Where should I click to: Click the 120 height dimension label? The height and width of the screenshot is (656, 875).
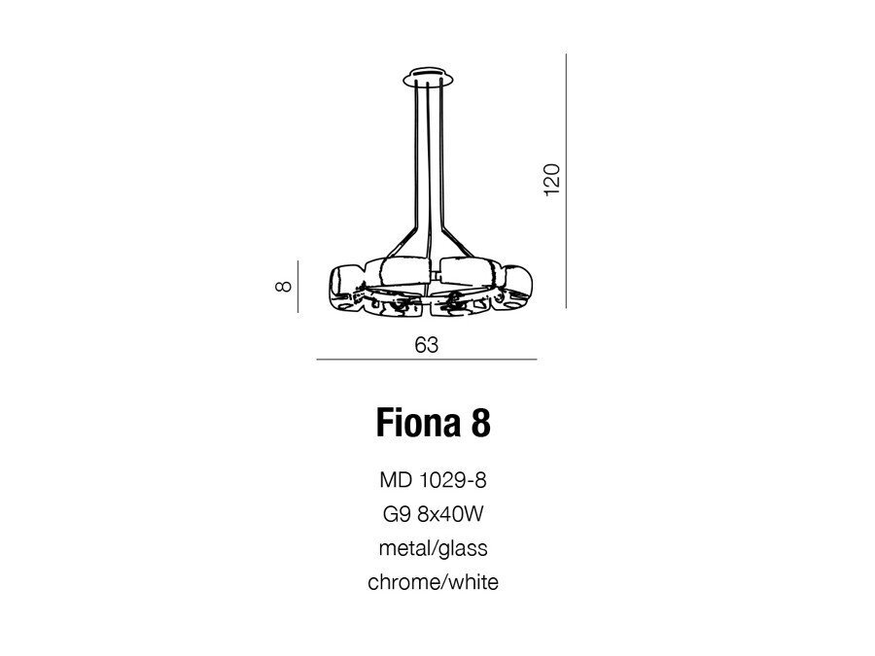[x=551, y=179]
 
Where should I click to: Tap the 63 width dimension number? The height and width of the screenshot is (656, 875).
[x=427, y=345]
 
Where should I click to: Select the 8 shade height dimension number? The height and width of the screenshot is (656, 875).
[x=284, y=286]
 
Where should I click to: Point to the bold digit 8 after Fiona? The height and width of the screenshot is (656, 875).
[x=481, y=423]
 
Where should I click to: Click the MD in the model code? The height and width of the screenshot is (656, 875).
[x=396, y=480]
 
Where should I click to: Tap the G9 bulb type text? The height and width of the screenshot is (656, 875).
[x=397, y=514]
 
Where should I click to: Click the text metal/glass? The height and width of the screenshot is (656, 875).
[x=433, y=548]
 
